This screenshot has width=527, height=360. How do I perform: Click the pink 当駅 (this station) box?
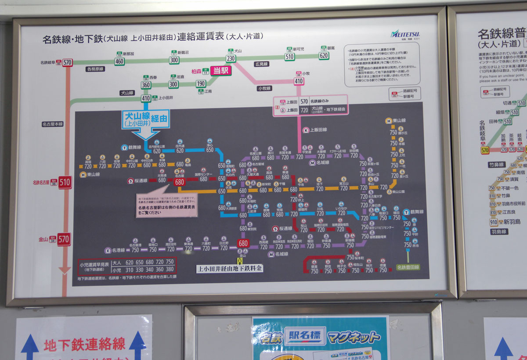220,71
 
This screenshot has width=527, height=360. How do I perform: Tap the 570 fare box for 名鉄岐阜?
67,63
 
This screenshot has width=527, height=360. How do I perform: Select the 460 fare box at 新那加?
119,61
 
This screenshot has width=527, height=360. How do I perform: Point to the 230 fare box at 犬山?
231,59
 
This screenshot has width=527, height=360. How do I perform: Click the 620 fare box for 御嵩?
324,55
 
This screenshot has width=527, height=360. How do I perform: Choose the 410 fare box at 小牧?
299,81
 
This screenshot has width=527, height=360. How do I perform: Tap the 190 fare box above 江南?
201,84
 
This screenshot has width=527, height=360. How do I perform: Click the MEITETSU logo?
405,34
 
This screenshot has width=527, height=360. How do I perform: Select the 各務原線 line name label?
95,69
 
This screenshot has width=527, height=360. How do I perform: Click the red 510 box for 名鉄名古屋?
65,182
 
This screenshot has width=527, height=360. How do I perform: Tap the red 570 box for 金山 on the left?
64,239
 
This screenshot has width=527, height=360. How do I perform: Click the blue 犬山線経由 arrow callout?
146,119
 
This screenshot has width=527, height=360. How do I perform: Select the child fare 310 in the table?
129,270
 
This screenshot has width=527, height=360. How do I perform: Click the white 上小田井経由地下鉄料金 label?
229,268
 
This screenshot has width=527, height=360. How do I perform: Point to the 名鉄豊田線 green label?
408,267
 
